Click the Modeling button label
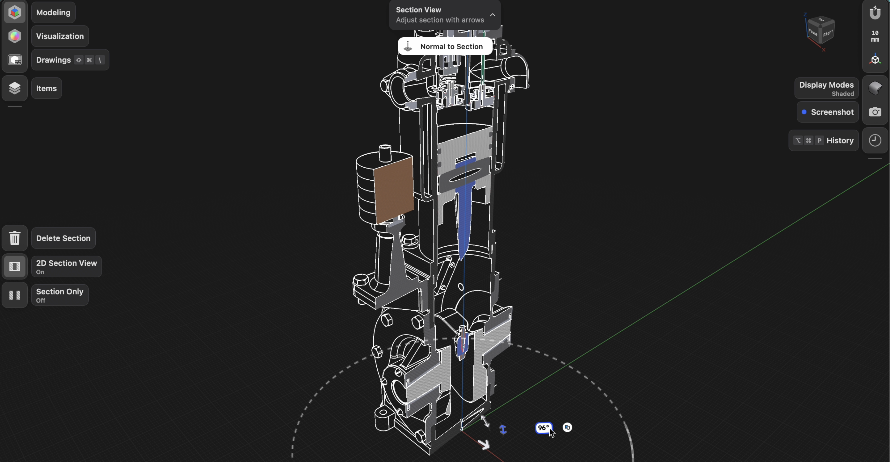[x=53, y=12]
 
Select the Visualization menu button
[x=60, y=36]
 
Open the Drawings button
[x=70, y=60]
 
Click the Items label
[x=46, y=88]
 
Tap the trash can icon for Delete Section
[x=14, y=238]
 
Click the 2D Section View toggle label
[x=66, y=267]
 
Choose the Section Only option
[x=60, y=295]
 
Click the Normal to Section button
[x=445, y=47]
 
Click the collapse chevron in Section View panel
[x=493, y=15]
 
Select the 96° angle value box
[x=544, y=428]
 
